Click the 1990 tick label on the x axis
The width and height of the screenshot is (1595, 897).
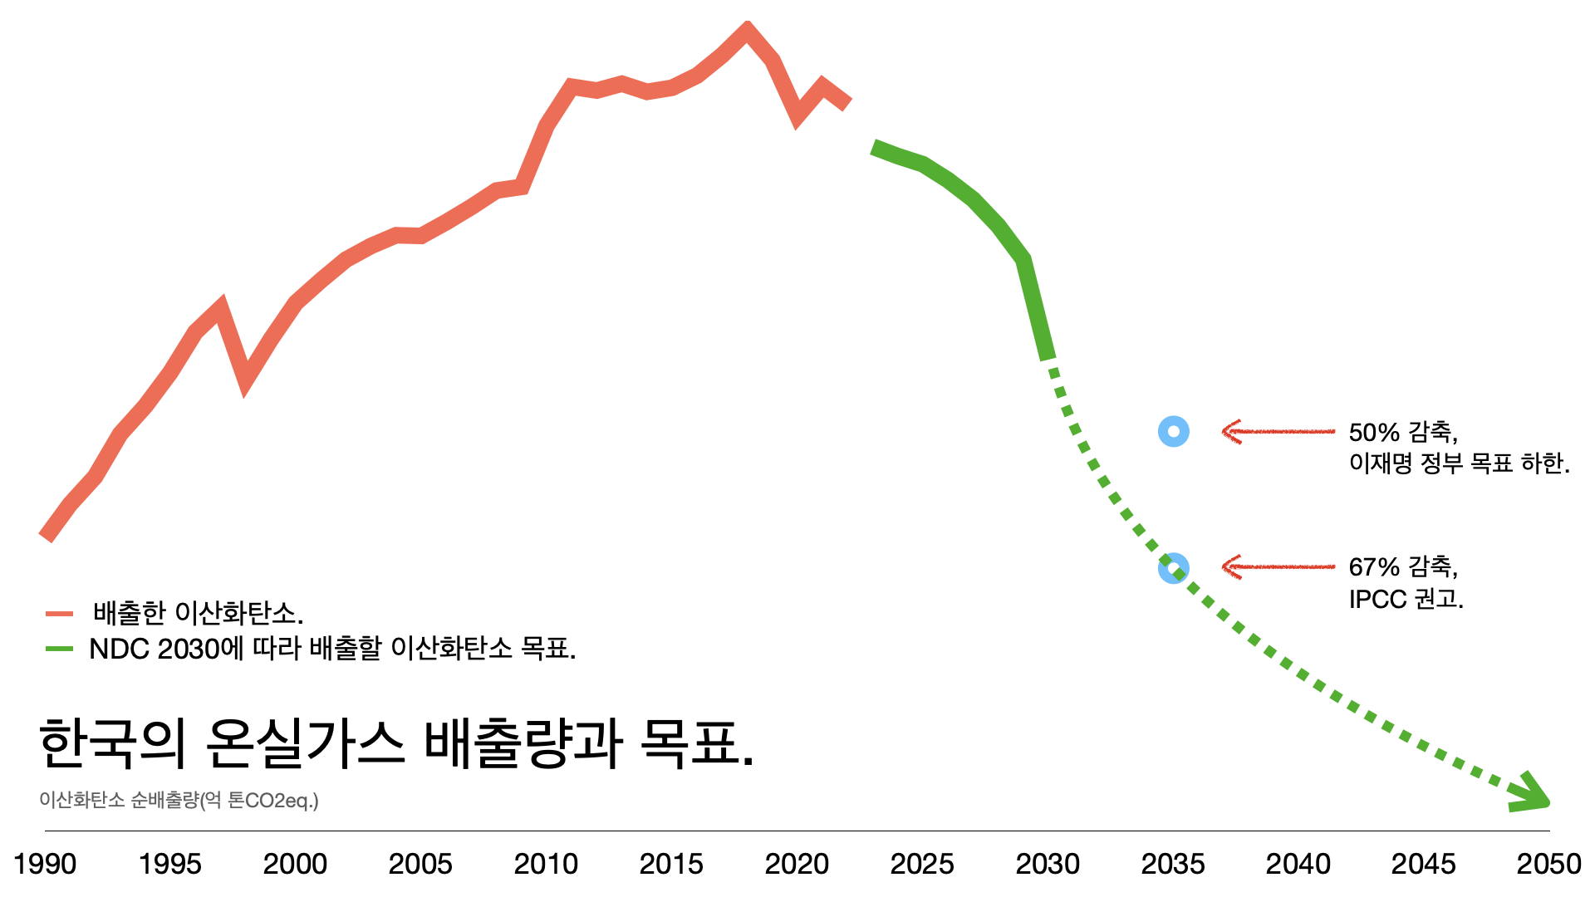click(45, 864)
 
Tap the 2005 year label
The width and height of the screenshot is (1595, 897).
click(420, 864)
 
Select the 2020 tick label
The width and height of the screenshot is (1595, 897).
click(797, 864)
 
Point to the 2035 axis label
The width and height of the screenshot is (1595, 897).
click(1173, 864)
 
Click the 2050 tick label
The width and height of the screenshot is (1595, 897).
click(1548, 864)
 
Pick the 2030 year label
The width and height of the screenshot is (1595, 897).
click(1048, 864)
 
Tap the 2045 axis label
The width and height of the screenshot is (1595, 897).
click(1423, 864)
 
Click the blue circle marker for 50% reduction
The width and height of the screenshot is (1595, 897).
click(1174, 432)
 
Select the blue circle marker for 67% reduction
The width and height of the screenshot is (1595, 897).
click(1173, 568)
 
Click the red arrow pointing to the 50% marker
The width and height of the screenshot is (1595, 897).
click(1278, 432)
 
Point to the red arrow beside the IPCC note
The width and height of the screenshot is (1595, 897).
click(1278, 567)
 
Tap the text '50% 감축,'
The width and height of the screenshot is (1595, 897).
click(1403, 432)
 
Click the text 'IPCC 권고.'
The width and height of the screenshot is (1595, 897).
click(1406, 599)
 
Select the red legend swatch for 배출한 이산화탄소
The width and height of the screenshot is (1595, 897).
click(60, 614)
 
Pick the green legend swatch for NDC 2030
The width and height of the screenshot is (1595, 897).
click(60, 649)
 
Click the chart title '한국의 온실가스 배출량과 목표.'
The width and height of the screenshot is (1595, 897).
click(396, 743)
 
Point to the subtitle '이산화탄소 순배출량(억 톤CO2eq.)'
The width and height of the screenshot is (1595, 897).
click(179, 800)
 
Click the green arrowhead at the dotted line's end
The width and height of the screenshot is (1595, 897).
click(1533, 795)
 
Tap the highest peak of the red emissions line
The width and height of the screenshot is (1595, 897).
click(747, 30)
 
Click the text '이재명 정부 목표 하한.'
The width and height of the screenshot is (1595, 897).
click(1459, 463)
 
